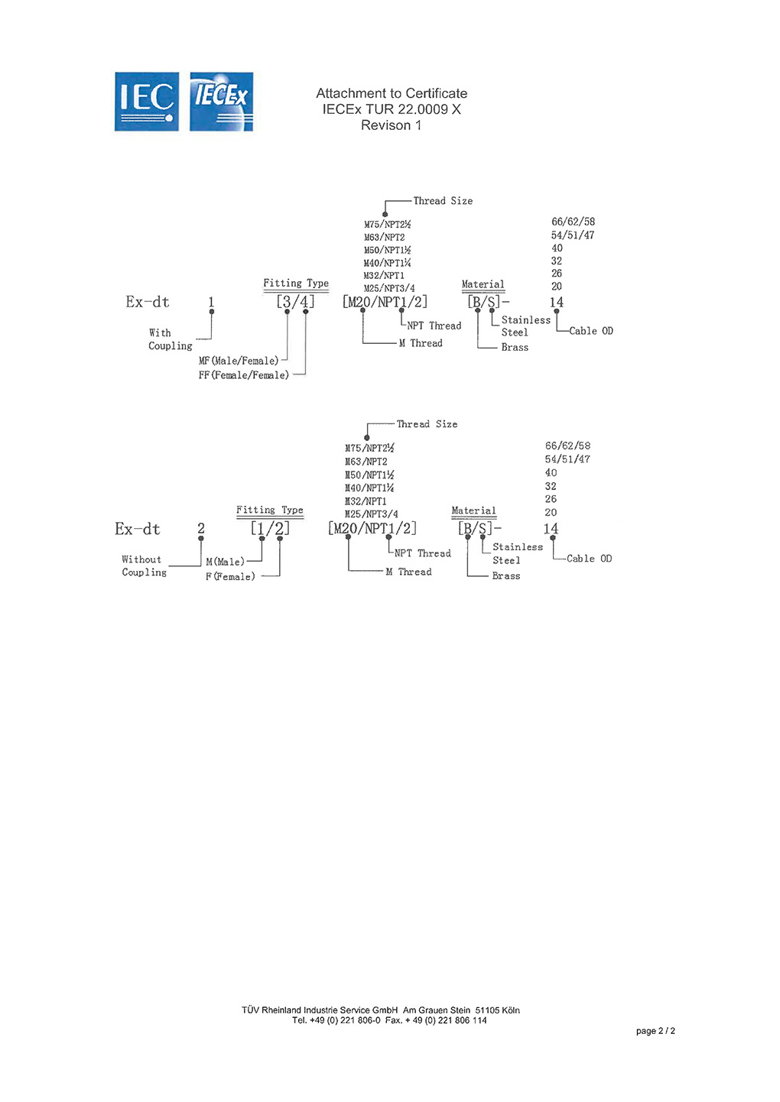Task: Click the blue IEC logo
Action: point(147,102)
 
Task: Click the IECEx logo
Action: point(221,102)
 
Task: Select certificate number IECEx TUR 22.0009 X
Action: point(392,109)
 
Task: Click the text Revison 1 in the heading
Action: point(392,125)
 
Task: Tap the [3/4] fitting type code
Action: point(295,302)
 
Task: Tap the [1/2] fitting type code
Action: point(270,529)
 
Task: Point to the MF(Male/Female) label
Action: point(239,361)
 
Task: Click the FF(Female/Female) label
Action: point(244,375)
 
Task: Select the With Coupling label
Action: point(170,339)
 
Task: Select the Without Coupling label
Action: point(144,566)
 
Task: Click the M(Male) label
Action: point(225,562)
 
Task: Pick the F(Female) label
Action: point(230,576)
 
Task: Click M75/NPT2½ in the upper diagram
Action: point(387,225)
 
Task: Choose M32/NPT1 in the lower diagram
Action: point(366,501)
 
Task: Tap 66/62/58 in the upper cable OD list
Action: point(573,222)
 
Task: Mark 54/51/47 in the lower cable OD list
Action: point(567,459)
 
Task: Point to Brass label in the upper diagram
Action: point(515,347)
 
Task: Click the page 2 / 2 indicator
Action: point(655,1031)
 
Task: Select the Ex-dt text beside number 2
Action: point(138,529)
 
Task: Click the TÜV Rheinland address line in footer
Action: point(381,1010)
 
